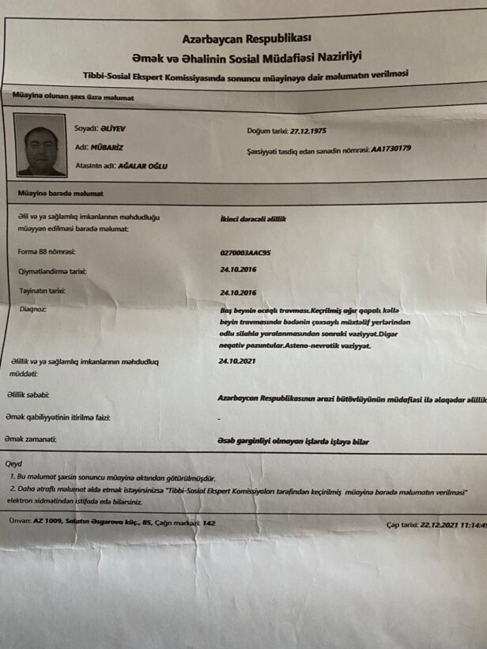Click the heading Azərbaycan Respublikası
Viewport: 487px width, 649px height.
click(x=247, y=38)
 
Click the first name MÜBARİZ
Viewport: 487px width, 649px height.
click(x=106, y=146)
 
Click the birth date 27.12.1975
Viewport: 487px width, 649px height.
click(x=308, y=130)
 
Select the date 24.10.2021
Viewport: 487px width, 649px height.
click(x=237, y=360)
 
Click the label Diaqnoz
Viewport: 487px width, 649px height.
click(x=33, y=309)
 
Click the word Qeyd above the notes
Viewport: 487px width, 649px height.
click(x=14, y=464)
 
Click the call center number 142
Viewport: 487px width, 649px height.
click(x=209, y=523)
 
